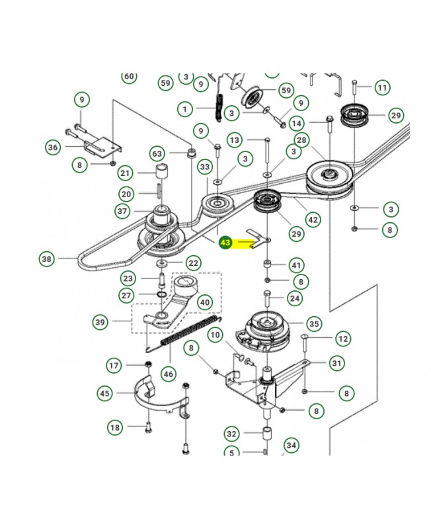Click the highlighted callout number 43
point(225,243)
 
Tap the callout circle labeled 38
point(46,259)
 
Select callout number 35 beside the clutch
point(313,324)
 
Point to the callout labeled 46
point(169,374)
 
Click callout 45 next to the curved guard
point(105,393)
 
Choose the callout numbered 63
point(157,154)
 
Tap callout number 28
point(301,140)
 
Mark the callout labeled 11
point(382,87)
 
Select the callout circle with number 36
point(53,147)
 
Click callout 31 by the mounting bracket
point(337,363)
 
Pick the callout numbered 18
point(116,428)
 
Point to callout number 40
point(205,302)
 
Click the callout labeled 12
point(343,339)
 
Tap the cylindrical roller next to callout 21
point(161,174)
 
